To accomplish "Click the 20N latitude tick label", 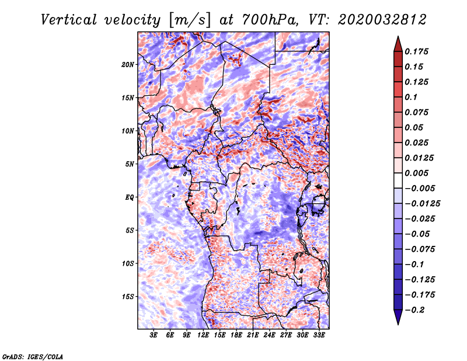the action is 128,65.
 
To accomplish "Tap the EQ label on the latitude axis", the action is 130,197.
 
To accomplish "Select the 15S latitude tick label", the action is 128,297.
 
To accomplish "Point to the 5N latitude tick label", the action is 130,164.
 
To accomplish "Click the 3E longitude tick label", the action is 154,335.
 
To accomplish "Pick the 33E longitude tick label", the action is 319,335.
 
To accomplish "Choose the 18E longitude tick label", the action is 236,335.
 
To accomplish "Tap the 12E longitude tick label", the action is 203,335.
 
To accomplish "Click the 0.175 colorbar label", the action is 416,51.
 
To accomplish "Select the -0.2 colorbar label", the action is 414,310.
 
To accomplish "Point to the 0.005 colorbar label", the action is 416,173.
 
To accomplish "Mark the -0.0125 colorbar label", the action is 422,204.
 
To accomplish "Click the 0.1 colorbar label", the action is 411,97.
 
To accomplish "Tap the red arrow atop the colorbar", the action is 398,44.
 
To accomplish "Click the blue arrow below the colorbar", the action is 398,317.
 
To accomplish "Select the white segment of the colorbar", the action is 398,180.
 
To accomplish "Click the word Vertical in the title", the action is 69,20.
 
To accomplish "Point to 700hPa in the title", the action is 270,20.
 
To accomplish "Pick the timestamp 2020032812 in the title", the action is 382,20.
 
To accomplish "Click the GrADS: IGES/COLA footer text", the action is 33,356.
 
